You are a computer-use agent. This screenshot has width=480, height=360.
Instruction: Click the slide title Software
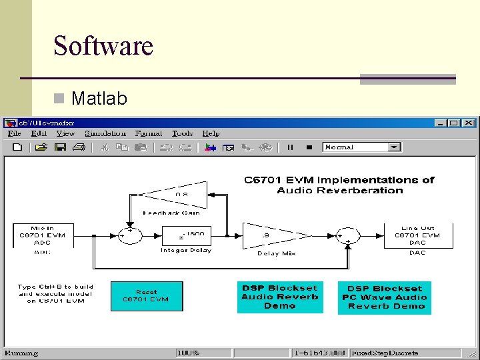pyautogui.click(x=103, y=45)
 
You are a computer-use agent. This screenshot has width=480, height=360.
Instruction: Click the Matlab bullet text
pyautogui.click(x=99, y=99)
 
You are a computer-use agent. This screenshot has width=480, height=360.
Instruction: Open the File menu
pyautogui.click(x=14, y=133)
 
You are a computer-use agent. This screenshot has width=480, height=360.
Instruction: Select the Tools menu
pyautogui.click(x=182, y=133)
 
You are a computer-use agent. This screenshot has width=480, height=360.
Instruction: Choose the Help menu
pyautogui.click(x=211, y=133)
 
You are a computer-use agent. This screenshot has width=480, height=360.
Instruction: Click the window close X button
pyautogui.click(x=469, y=123)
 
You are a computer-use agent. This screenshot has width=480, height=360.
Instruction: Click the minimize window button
pyautogui.click(x=439, y=123)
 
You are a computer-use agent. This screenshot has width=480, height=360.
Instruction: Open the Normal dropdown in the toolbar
pyautogui.click(x=394, y=147)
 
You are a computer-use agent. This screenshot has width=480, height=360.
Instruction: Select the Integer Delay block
pyautogui.click(x=186, y=235)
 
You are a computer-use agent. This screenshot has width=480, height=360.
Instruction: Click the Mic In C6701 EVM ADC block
pyautogui.click(x=43, y=235)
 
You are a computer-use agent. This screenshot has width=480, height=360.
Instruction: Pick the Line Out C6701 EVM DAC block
pyautogui.click(x=417, y=235)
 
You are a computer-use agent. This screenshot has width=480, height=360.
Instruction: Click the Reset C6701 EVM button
pyautogui.click(x=146, y=296)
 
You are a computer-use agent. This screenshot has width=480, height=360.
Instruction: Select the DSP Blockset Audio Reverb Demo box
pyautogui.click(x=280, y=297)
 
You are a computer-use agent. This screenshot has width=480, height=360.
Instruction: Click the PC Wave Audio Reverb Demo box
pyautogui.click(x=385, y=297)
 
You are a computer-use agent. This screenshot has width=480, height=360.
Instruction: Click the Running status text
pyautogui.click(x=21, y=352)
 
